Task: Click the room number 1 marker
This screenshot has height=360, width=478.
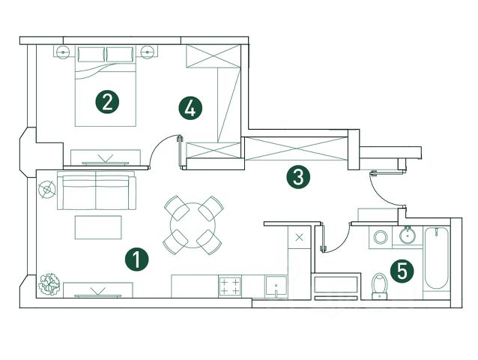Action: pyautogui.click(x=137, y=259)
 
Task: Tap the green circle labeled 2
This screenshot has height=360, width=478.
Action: pyautogui.click(x=108, y=101)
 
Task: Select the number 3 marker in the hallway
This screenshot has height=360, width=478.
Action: pyautogui.click(x=298, y=178)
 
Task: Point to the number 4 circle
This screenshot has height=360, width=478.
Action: pyautogui.click(x=190, y=108)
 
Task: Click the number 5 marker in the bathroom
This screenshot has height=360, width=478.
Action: pyautogui.click(x=402, y=271)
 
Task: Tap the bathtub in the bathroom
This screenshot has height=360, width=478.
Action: pyautogui.click(x=435, y=262)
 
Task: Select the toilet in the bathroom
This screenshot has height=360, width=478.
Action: pyautogui.click(x=380, y=285)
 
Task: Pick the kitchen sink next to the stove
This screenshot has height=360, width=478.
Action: pyautogui.click(x=276, y=286)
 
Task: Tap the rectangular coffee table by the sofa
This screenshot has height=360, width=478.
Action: pyautogui.click(x=97, y=226)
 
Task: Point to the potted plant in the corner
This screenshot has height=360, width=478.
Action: pyautogui.click(x=50, y=283)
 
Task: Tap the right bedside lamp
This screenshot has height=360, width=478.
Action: pyautogui.click(x=148, y=52)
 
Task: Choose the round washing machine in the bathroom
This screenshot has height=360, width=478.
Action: pyautogui.click(x=380, y=238)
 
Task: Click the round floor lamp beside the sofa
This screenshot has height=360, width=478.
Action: pyautogui.click(x=48, y=190)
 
